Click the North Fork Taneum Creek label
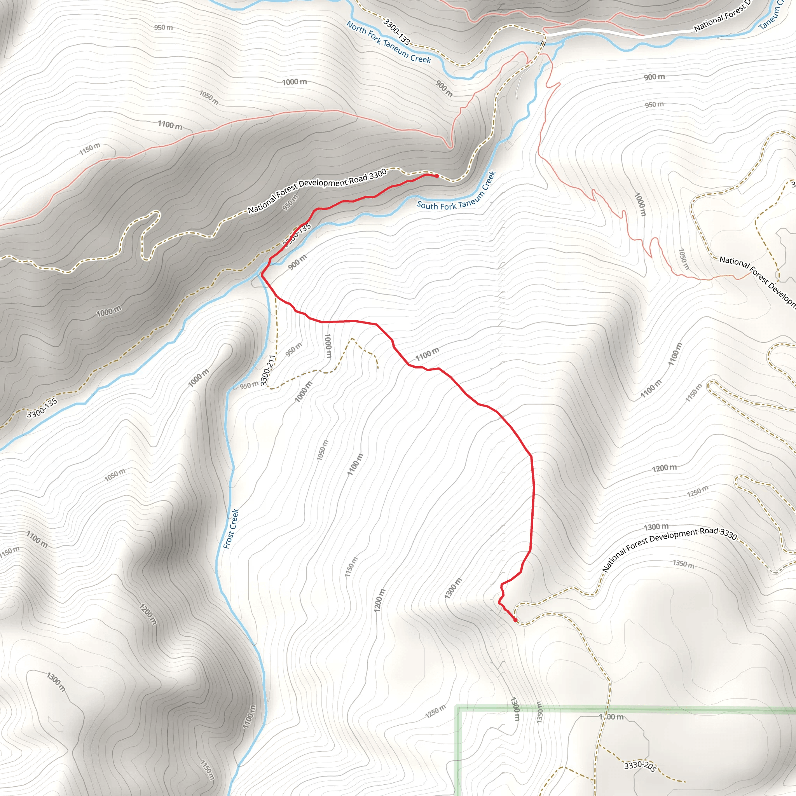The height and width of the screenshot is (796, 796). click(x=388, y=42)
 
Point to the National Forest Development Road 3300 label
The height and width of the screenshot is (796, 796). click(x=317, y=191)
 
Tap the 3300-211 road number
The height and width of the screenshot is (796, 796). click(x=267, y=371)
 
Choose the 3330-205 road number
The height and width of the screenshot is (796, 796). click(x=640, y=766)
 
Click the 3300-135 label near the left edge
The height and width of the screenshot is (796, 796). click(x=42, y=407)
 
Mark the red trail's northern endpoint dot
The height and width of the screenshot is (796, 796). click(x=437, y=176)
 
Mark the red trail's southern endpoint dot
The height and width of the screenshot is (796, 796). click(x=515, y=620)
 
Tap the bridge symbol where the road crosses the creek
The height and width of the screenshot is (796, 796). click(x=543, y=44)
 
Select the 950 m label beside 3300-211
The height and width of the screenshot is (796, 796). click(x=249, y=385)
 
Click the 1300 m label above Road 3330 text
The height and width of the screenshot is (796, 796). click(x=656, y=527)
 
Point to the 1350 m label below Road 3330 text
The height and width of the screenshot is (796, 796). click(x=684, y=564)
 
